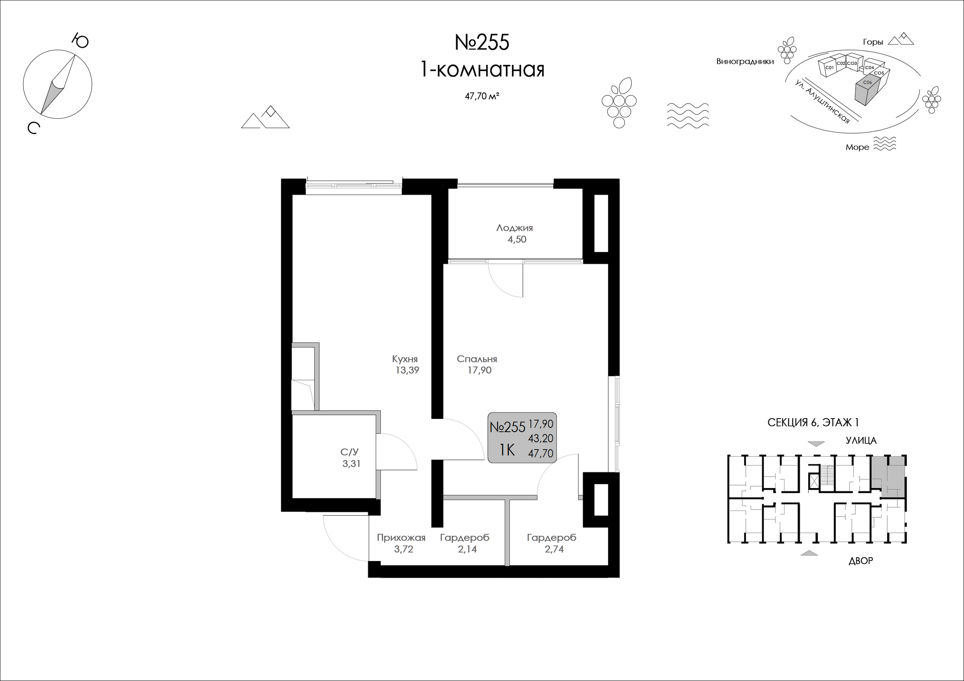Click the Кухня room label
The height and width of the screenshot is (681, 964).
[x=405, y=359]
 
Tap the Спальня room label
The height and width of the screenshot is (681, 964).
[x=477, y=359]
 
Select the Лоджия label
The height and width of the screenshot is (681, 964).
[x=515, y=228]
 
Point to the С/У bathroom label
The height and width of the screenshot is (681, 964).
[x=350, y=452]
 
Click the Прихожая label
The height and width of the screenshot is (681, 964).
[x=401, y=538]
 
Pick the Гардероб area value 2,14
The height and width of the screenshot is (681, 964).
[x=467, y=550]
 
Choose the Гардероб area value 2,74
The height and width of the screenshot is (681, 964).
[x=554, y=550]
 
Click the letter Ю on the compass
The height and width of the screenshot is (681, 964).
[x=80, y=41]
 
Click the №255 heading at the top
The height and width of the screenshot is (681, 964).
[x=482, y=43]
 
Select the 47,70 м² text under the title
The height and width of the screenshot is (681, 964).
[x=482, y=96]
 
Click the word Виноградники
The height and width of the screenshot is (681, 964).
[x=745, y=61]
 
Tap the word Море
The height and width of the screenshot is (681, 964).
[x=857, y=148]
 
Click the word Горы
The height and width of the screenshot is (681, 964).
[x=873, y=42]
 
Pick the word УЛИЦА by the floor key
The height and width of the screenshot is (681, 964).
[x=861, y=441]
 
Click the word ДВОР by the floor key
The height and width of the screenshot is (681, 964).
[x=860, y=561]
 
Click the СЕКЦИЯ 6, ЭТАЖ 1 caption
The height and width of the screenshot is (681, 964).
[x=813, y=423]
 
